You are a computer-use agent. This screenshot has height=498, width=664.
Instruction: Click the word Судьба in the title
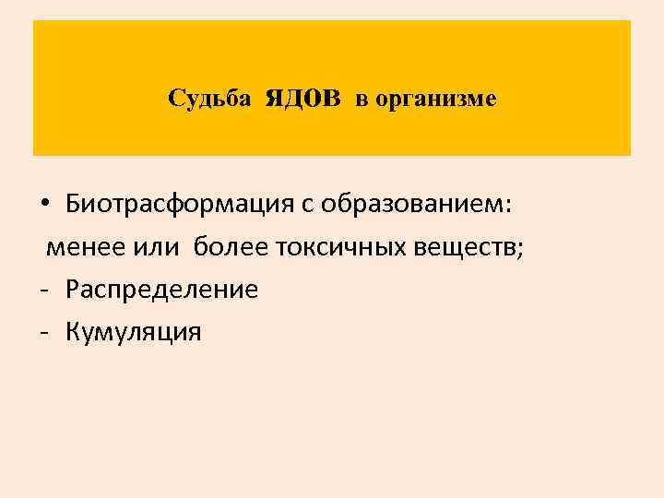pos(209,98)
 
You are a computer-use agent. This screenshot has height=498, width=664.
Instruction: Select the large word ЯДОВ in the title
pos(302,97)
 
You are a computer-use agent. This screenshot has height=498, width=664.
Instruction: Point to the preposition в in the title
pos(362,99)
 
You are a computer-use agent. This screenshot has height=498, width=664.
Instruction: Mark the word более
pos(238,247)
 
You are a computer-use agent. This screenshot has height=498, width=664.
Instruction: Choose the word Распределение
pos(162,290)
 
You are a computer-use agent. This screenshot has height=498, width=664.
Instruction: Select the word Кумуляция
pos(133,331)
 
